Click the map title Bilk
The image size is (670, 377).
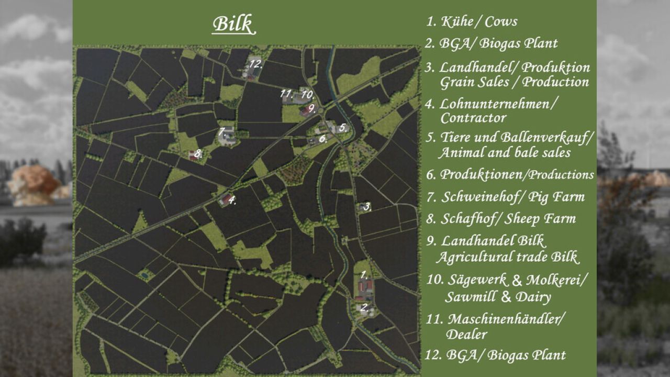click(233, 24)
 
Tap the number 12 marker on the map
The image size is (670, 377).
click(255, 64)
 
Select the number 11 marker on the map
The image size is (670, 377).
click(286, 94)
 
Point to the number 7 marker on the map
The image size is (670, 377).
click(222, 131)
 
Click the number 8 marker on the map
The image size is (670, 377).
click(198, 154)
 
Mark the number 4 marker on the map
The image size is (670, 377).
click(232, 199)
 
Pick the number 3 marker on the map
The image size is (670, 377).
click(367, 206)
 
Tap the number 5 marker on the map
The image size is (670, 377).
click(343, 127)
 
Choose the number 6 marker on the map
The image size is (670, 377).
click(323, 139)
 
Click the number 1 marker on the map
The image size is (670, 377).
click(364, 274)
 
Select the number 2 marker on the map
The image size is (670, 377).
click(365, 307)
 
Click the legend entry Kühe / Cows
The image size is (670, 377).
click(471, 22)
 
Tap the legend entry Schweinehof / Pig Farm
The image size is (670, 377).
click(505, 197)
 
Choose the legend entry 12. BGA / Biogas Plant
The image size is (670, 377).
click(495, 355)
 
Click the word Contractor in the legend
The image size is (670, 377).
click(473, 118)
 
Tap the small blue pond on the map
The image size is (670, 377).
click(143, 274)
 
